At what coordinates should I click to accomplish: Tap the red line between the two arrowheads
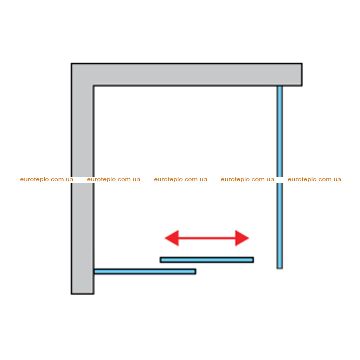point(207,238)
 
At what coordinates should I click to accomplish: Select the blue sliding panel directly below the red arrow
point(207,260)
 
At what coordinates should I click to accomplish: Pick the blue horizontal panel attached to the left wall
point(145,272)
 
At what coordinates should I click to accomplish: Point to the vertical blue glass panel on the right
point(279,177)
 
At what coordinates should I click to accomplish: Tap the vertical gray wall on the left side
point(82,179)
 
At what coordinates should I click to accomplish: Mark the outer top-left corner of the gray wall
point(71,63)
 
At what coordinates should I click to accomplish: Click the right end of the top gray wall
point(302,75)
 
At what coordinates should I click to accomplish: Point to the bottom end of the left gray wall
point(82,294)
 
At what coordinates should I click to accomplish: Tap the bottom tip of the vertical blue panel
point(279,268)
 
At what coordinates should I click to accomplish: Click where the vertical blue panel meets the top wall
point(279,86)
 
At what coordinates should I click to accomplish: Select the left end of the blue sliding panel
point(160,260)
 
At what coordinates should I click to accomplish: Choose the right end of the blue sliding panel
point(253,260)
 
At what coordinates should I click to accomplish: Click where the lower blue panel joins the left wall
point(94,272)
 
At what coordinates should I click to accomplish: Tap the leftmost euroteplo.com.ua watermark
point(47,179)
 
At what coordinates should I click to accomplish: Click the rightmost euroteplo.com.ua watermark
point(314,179)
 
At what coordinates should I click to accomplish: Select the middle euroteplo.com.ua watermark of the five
point(181,179)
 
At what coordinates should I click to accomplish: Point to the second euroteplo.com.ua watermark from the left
point(114,179)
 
